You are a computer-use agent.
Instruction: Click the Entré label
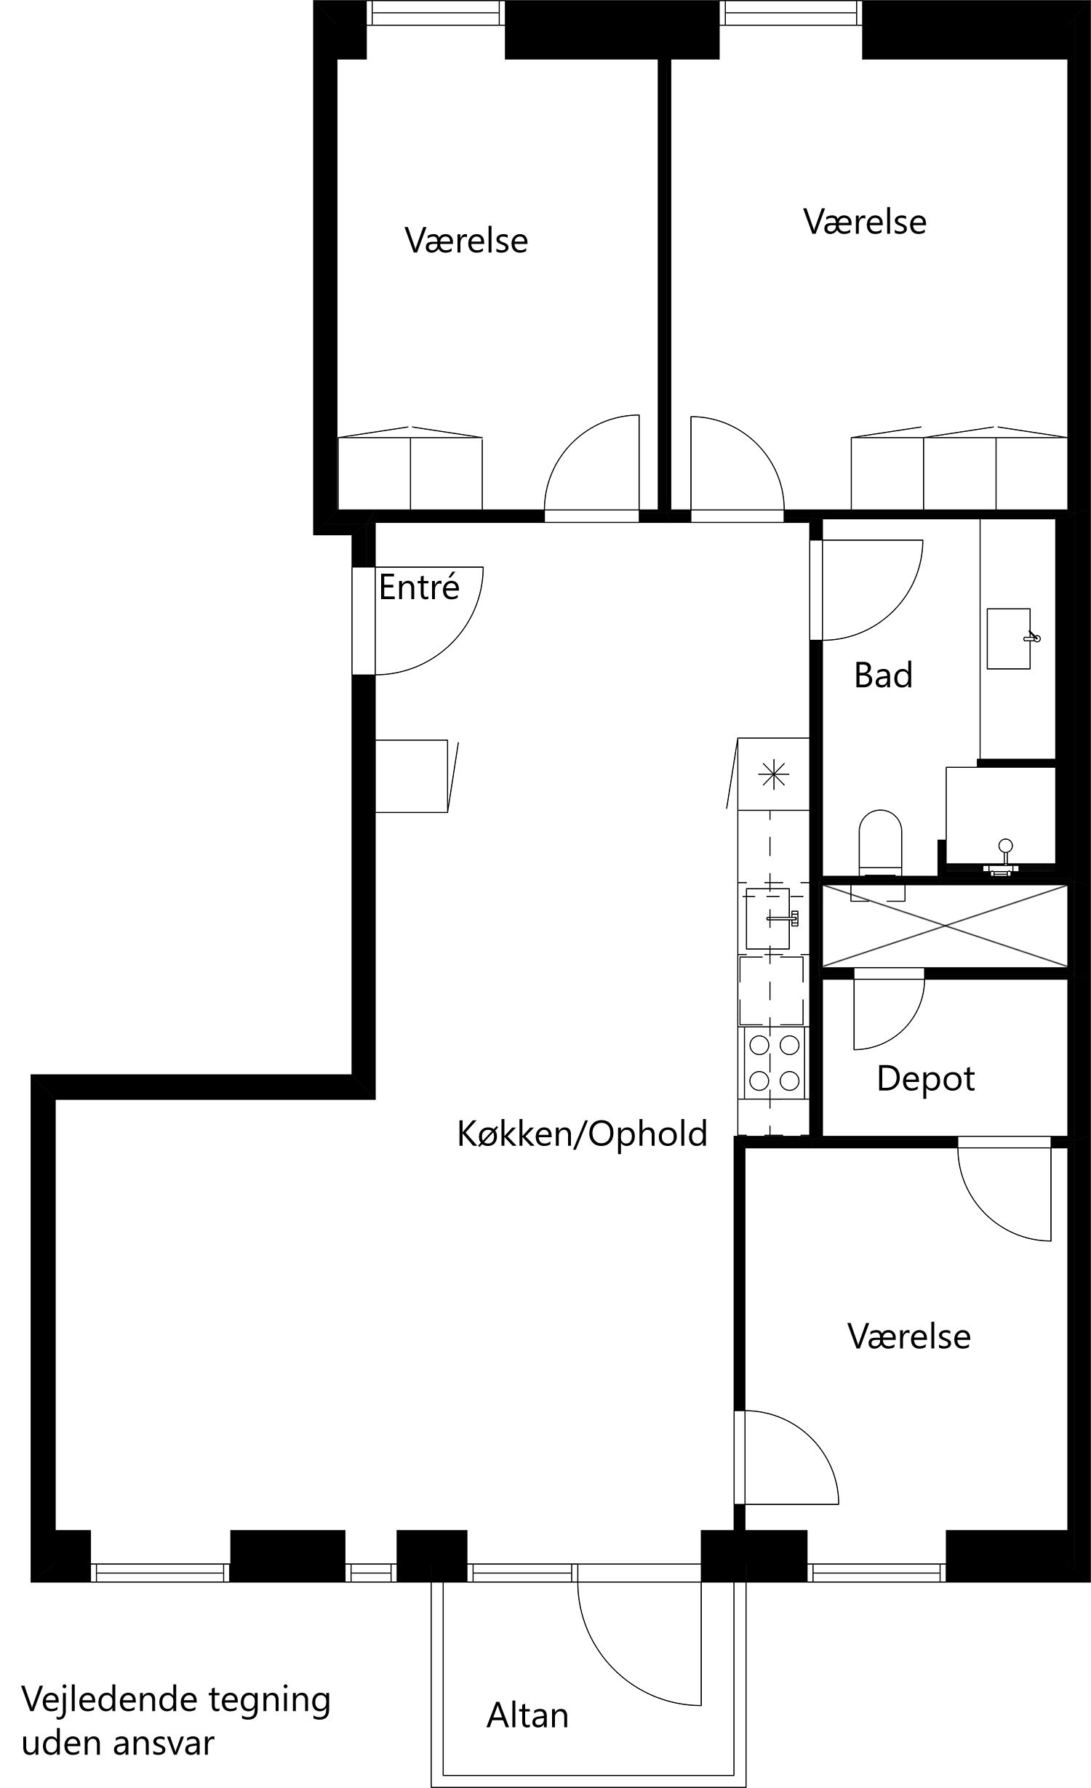pos(419,587)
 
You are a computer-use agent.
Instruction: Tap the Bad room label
pos(883,675)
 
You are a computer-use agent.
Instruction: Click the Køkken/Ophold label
pos(582,1134)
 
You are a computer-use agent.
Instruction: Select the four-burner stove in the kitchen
pos(774,1063)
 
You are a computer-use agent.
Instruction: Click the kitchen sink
pos(768,918)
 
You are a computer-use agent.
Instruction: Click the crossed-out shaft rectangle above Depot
pos(944,926)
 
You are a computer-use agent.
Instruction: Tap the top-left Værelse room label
pos(466,240)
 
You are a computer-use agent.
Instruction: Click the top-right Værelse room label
pos(865,221)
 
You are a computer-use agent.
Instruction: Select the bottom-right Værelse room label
pos(908,1336)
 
